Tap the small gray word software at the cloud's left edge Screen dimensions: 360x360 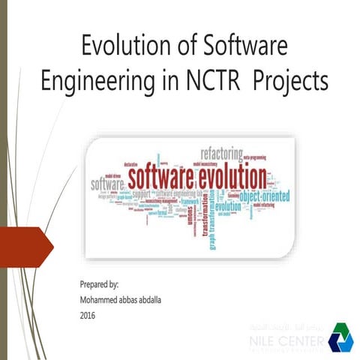click(x=106, y=184)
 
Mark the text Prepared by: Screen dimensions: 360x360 click(x=100, y=286)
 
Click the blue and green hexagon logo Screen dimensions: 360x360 click(x=340, y=337)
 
